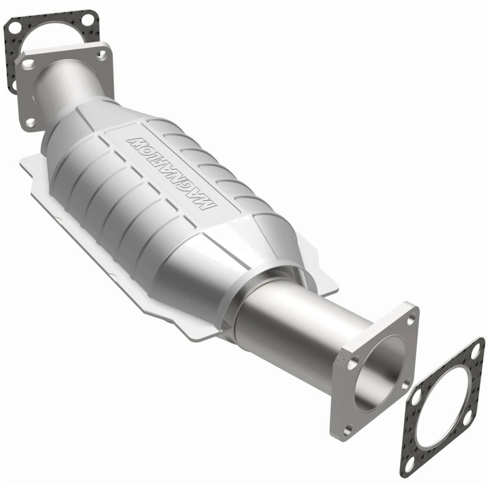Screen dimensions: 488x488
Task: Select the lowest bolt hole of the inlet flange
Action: point(30,122)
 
